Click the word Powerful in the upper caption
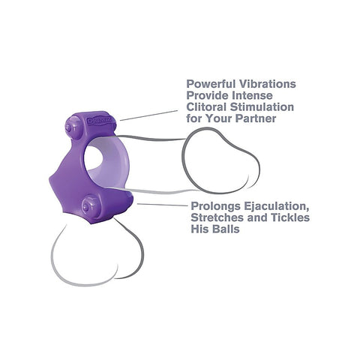211,84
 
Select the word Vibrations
267,84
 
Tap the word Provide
208,95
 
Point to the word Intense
252,95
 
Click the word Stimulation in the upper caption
262,106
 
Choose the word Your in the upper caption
219,118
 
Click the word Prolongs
216,206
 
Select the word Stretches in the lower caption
217,217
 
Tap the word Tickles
292,217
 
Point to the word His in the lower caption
199,229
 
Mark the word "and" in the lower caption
259,217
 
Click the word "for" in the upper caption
194,118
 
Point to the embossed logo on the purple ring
102,120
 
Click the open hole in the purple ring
93,157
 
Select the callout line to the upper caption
148,115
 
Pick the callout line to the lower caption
163,205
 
